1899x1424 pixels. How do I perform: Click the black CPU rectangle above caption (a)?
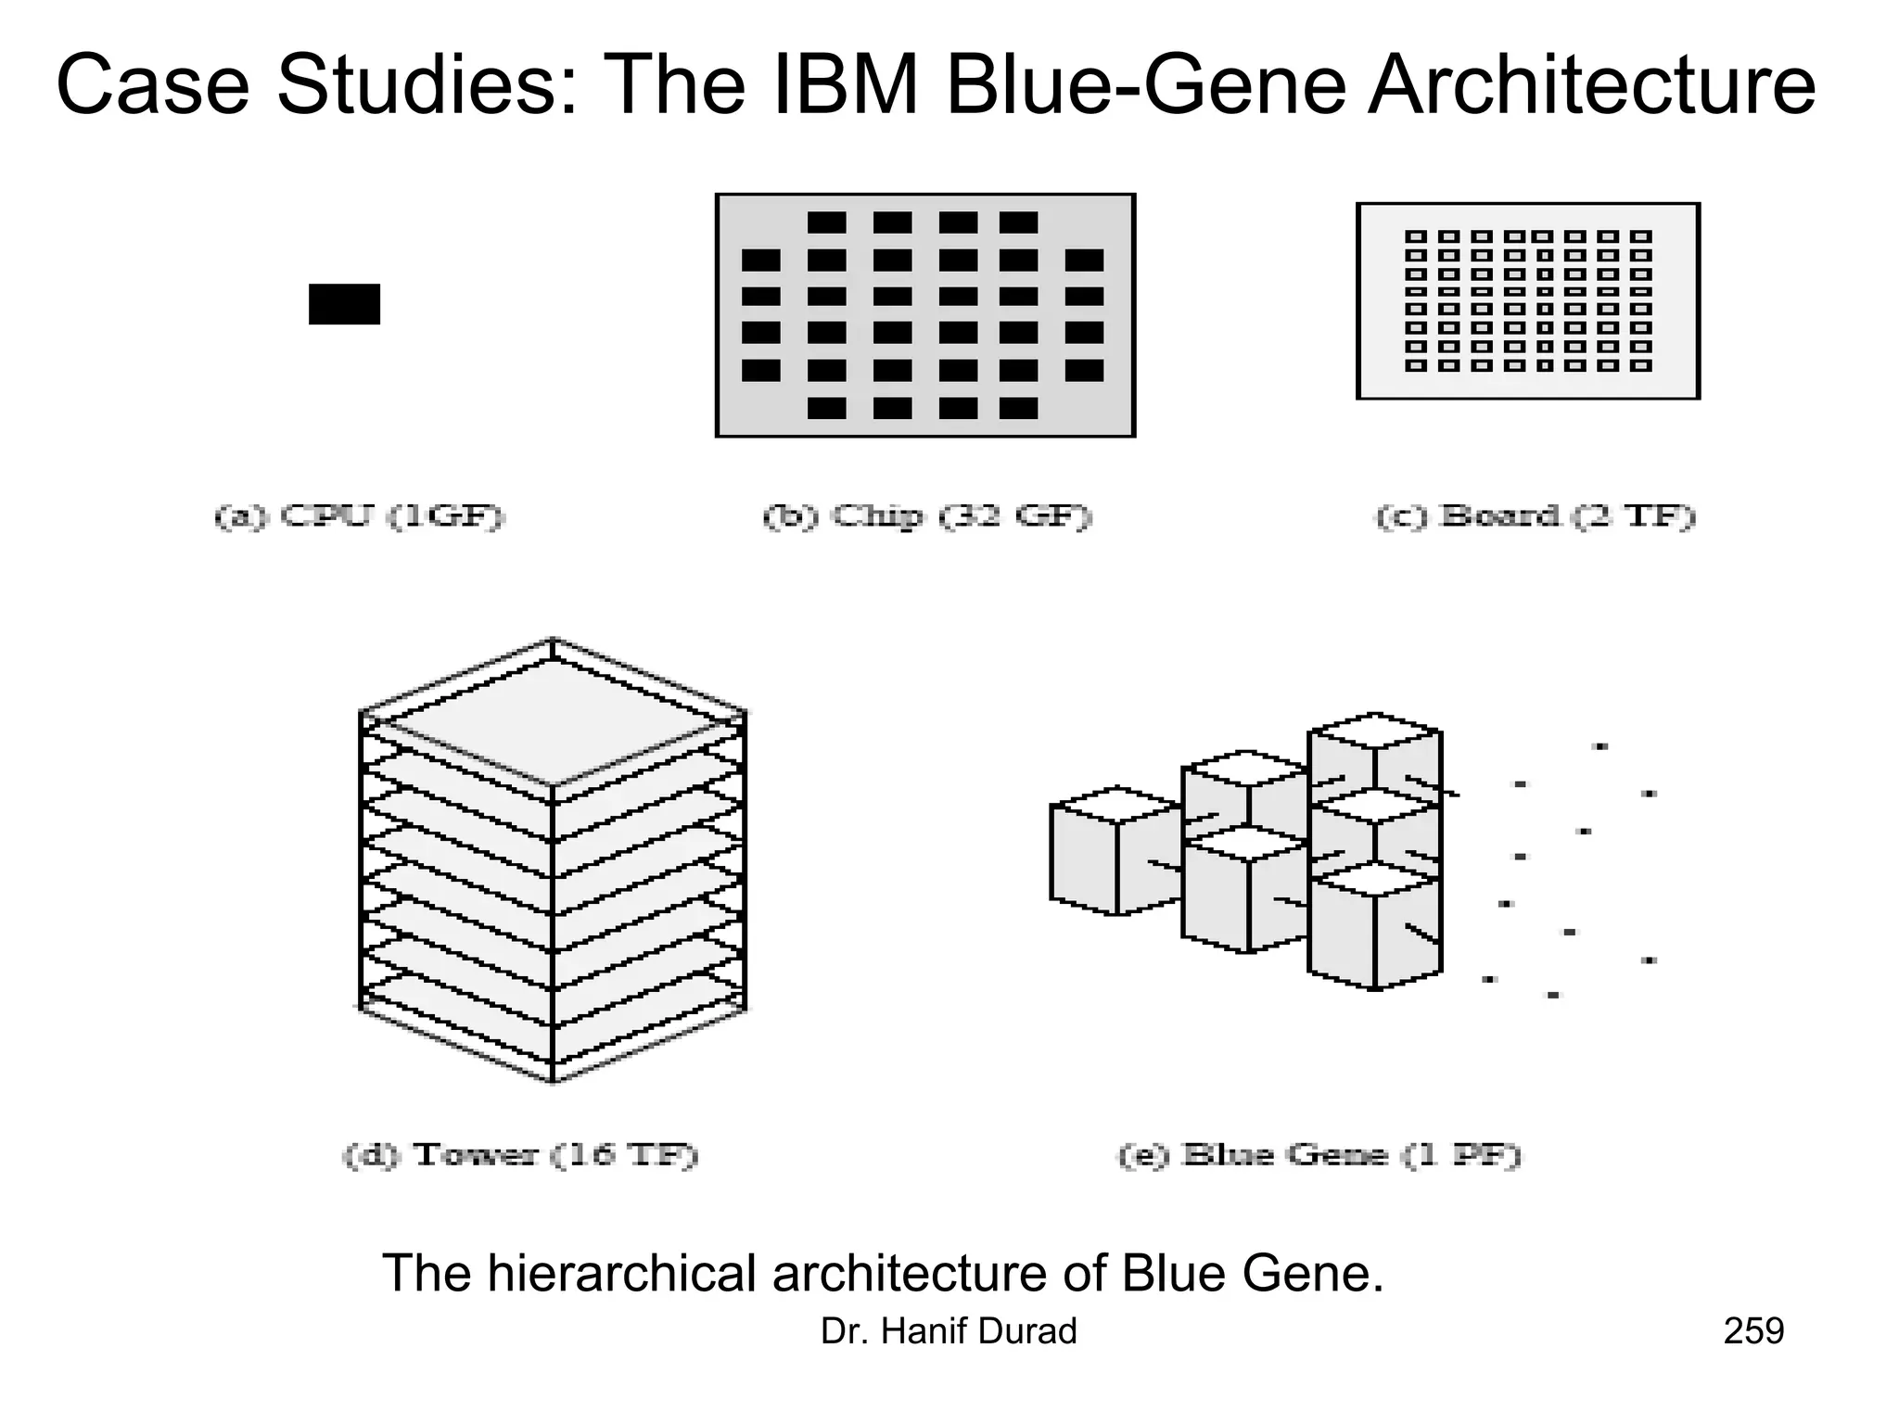[x=344, y=304]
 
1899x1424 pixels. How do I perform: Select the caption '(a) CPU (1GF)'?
[x=360, y=516]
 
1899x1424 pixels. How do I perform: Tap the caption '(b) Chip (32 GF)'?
[x=927, y=516]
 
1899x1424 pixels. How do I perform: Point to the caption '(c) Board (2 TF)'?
[x=1535, y=516]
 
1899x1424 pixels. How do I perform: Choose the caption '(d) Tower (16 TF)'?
[x=520, y=1155]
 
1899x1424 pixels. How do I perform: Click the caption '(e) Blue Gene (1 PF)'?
[x=1319, y=1155]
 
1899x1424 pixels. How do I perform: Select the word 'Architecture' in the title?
[x=1591, y=86]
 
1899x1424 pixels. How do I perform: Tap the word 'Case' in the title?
[x=153, y=86]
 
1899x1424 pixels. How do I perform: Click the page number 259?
[x=1753, y=1331]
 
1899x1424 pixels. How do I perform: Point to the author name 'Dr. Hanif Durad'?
[x=949, y=1331]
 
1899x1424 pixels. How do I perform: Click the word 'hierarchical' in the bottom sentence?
[x=622, y=1273]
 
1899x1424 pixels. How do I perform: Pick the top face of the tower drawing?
[x=553, y=718]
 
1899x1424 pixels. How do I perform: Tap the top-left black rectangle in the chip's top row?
[x=826, y=222]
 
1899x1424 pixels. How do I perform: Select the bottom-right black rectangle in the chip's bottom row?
[x=1018, y=408]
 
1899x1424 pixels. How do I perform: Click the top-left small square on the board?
[x=1415, y=236]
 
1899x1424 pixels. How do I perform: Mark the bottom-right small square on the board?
[x=1641, y=365]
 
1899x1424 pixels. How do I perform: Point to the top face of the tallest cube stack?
[x=1375, y=730]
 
